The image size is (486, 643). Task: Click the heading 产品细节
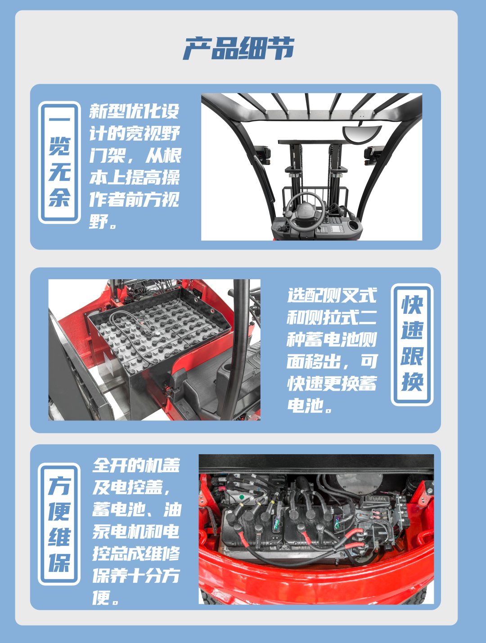239,48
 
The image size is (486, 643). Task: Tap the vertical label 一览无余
59,162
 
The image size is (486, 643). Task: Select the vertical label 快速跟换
412,344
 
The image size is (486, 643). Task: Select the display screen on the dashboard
337,228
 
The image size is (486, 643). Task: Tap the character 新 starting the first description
98,112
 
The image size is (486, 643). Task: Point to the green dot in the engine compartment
242,497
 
